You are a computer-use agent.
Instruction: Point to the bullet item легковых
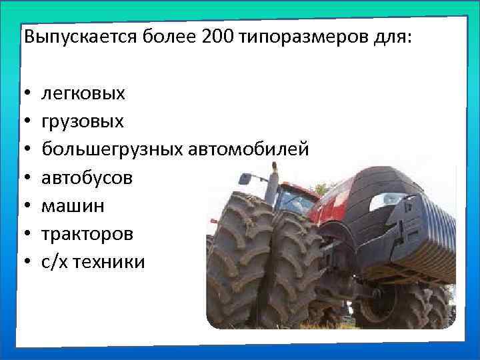click(83, 93)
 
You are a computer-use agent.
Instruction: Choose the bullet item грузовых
click(83, 121)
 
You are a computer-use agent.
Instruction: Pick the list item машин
click(73, 205)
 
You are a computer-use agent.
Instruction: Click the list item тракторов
click(87, 234)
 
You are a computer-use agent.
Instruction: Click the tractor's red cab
click(297, 200)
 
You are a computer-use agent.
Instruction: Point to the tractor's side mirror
click(245, 179)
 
